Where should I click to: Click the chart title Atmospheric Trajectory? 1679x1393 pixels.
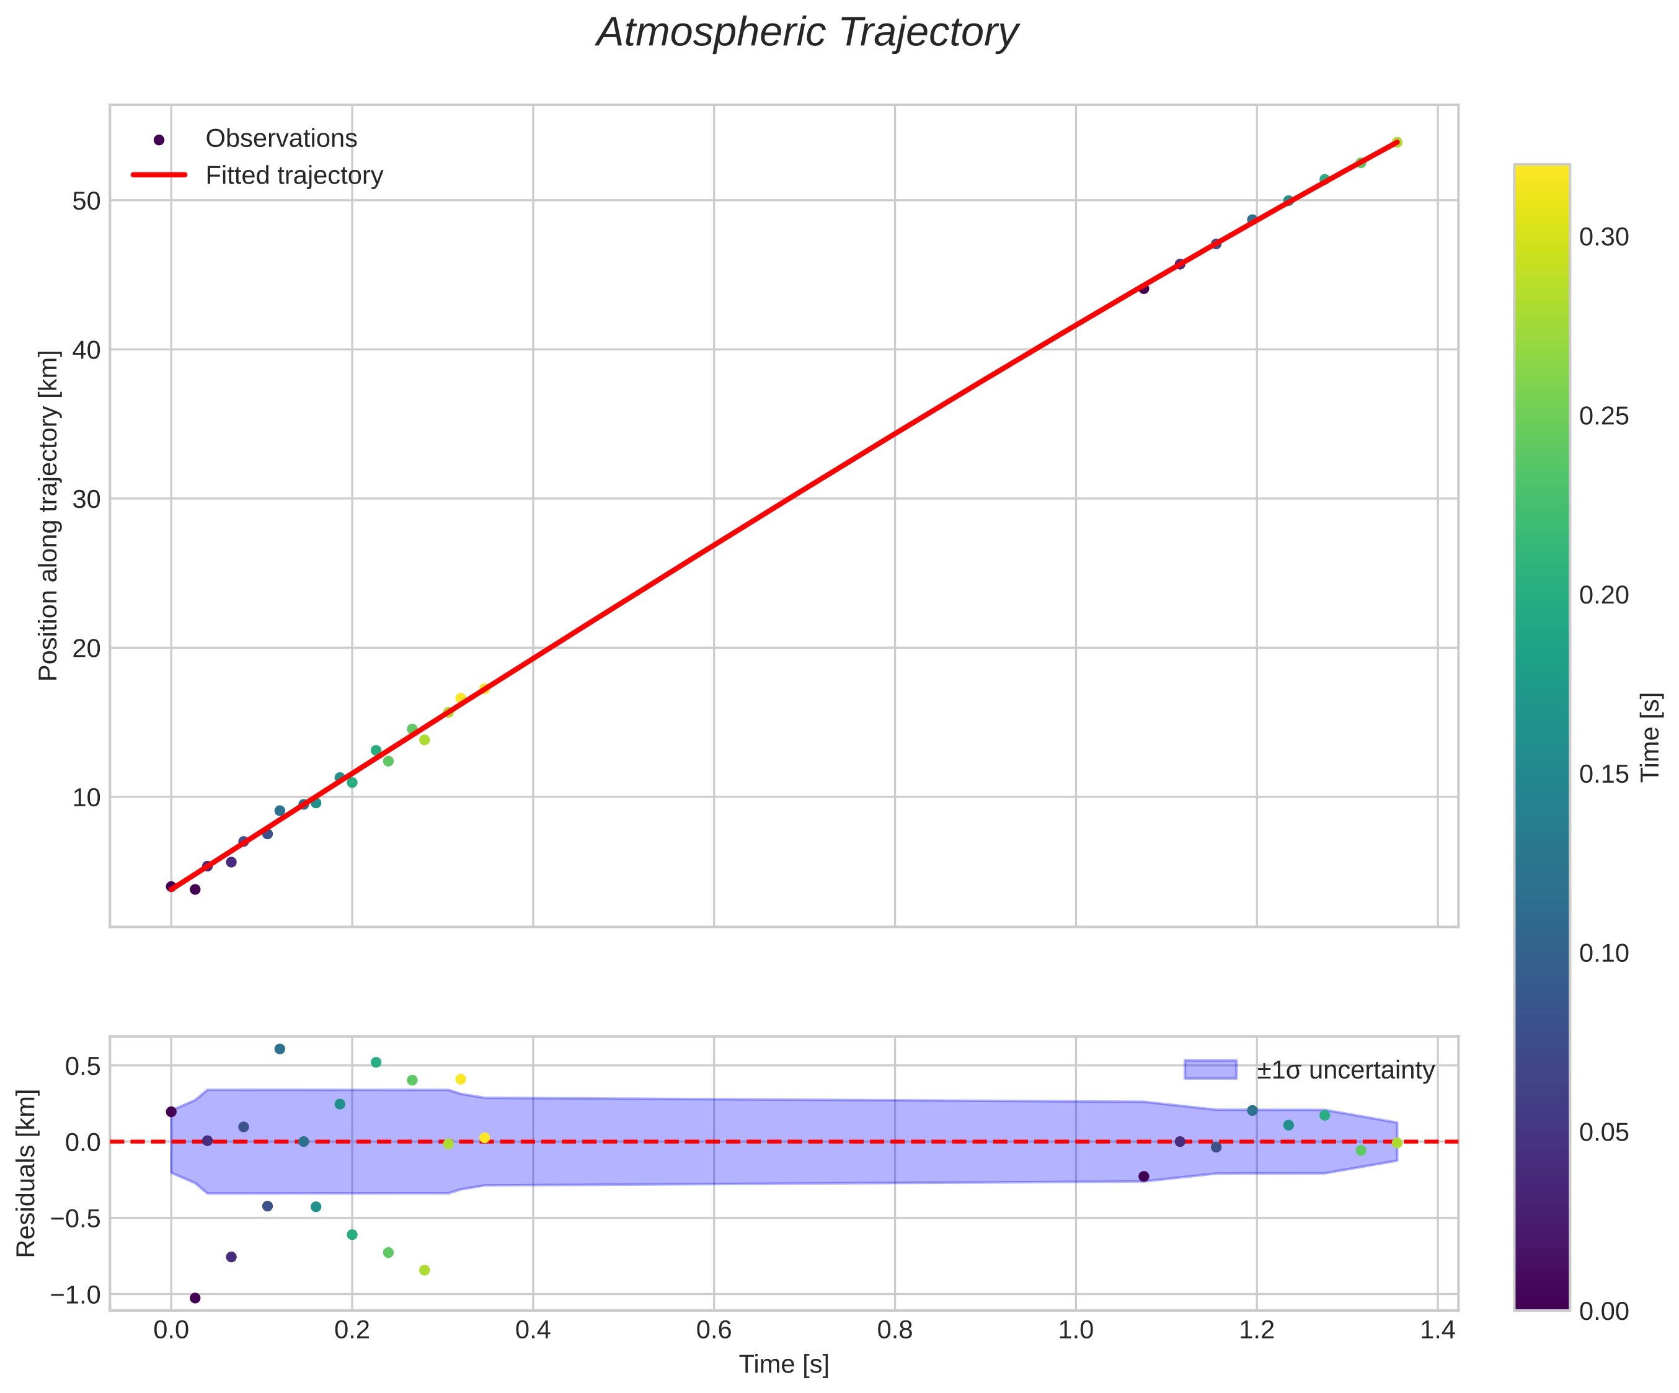[807, 33]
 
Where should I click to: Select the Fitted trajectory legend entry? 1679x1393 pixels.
[293, 175]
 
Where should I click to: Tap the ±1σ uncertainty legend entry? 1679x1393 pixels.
[1345, 1070]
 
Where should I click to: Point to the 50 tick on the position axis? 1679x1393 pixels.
[86, 201]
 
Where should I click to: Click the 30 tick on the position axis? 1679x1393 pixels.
[86, 499]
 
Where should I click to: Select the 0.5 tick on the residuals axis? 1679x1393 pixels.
[83, 1066]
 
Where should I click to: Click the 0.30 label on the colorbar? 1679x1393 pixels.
[1604, 238]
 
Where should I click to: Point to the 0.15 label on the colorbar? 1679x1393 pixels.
[1604, 774]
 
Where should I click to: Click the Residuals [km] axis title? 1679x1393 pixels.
[27, 1172]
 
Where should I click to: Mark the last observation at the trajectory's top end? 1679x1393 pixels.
[1397, 142]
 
